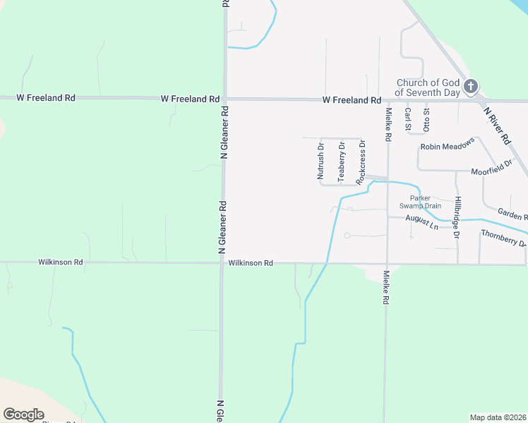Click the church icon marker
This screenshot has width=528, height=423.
471,87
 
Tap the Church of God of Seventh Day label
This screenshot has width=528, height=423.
428,87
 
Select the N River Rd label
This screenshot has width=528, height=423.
497,126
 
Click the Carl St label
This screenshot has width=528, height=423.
408,120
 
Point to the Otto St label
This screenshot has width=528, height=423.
426,120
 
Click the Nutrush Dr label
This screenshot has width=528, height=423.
320,161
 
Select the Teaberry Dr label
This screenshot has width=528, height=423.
341,161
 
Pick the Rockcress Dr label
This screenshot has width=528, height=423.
361,161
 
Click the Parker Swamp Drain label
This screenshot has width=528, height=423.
426,202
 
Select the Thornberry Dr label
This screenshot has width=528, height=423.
503,238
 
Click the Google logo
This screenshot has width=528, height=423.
23,414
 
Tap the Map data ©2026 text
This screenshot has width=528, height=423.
497,417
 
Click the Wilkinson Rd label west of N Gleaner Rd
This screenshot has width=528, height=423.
61,262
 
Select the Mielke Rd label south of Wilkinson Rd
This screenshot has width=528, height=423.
386,288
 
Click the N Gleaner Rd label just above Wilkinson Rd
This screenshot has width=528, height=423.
222,228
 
